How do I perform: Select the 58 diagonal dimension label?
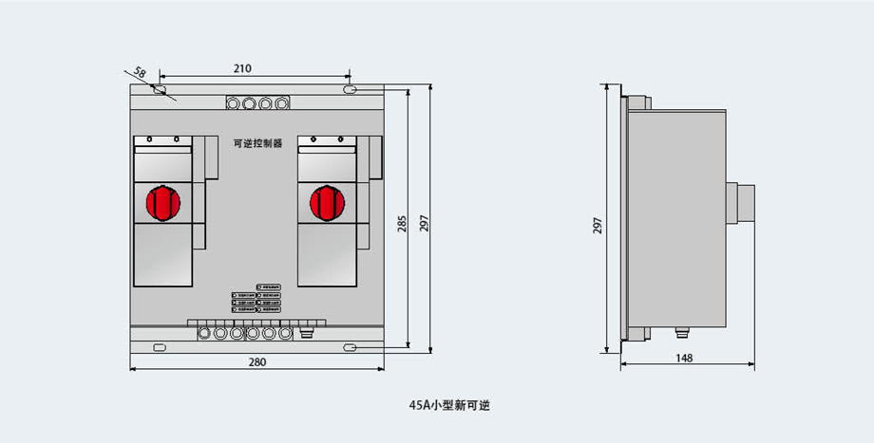pos(140,72)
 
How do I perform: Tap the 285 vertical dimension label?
pos(402,224)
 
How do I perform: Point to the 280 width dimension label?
pos(256,361)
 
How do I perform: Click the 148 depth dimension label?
pos(685,358)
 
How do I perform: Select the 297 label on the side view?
pos(598,224)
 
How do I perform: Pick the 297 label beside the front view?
pos(425,221)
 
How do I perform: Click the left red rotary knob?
pos(162,202)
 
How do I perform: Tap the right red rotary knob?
pos(326,202)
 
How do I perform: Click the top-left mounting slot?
pos(161,90)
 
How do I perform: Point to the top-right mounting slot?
pos(351,90)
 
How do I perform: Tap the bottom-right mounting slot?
pos(351,347)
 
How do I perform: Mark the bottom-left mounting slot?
pos(160,347)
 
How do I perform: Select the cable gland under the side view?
pos(680,334)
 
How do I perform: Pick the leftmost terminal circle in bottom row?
pos(203,333)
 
